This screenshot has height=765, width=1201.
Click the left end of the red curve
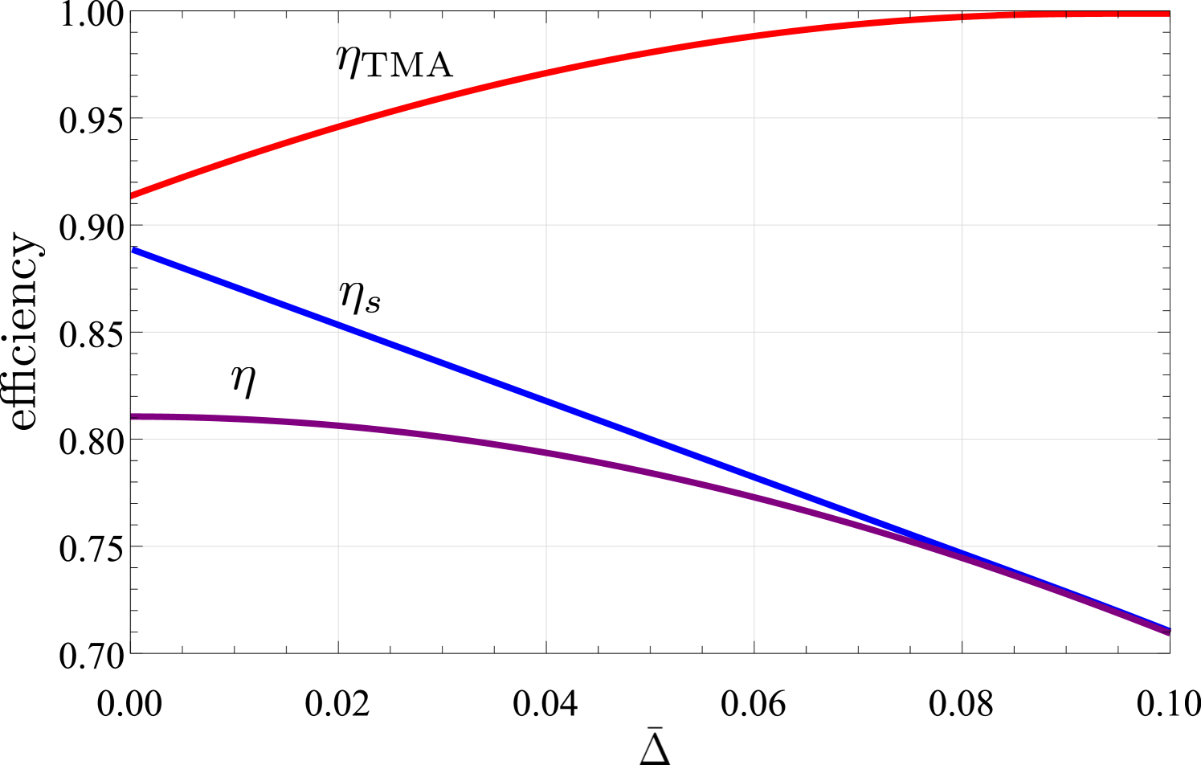pos(133,195)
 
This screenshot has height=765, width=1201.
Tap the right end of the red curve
pos(1168,14)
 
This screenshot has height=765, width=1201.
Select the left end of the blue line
pos(133,251)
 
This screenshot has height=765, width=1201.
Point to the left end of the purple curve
pos(133,416)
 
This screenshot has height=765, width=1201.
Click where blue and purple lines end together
pos(1169,632)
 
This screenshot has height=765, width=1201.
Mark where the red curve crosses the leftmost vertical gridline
pos(338,126)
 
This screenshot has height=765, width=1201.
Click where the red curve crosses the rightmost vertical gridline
pos(962,17)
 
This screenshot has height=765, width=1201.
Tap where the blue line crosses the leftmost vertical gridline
pos(338,325)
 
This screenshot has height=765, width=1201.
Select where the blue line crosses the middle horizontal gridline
pos(354,332)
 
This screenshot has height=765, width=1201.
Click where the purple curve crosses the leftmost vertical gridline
pos(338,425)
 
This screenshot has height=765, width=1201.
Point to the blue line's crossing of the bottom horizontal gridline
pos(940,546)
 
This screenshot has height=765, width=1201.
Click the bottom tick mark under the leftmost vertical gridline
pos(338,647)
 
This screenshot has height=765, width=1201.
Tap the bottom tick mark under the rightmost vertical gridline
pos(962,647)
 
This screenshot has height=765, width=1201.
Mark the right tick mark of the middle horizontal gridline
pos(1164,332)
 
